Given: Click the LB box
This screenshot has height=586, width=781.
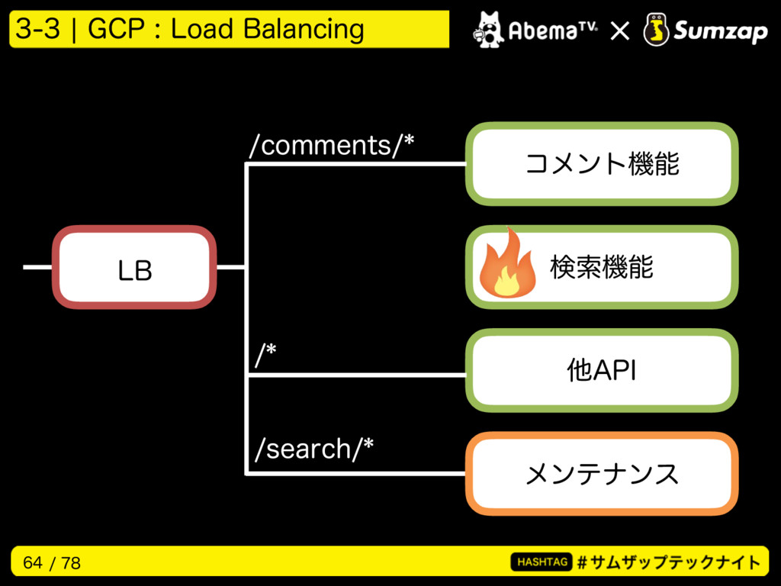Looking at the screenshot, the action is (134, 267).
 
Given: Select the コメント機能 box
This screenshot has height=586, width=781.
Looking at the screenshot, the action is (602, 164).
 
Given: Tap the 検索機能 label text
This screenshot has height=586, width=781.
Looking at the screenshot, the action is (601, 267).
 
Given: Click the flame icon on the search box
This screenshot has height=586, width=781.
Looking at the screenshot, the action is (506, 263).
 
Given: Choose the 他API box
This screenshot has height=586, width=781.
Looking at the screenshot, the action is (602, 370).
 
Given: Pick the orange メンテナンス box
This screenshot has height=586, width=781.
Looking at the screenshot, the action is (602, 473).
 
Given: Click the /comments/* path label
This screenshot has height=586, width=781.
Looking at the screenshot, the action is (332, 146).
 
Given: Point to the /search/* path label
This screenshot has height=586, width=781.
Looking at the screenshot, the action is (313, 449).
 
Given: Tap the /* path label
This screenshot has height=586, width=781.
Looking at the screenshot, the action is (265, 355).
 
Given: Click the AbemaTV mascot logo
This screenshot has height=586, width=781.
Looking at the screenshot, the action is (488, 30).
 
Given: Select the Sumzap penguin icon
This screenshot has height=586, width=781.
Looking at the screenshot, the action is (656, 30).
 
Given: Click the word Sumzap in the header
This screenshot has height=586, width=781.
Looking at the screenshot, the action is (720, 31).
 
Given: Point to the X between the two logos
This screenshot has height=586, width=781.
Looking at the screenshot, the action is (619, 31).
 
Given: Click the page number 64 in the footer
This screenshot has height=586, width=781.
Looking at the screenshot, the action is (33, 562).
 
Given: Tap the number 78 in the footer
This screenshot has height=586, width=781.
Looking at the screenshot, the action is (71, 562).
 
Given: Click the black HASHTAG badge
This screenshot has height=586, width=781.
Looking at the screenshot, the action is (542, 562).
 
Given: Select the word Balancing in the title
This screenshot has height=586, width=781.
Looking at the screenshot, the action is (304, 29).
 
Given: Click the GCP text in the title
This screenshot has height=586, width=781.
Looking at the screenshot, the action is (116, 28).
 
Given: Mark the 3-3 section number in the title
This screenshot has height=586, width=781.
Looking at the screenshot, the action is (38, 28).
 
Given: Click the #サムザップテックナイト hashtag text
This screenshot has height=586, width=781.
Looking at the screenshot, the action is (669, 562).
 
